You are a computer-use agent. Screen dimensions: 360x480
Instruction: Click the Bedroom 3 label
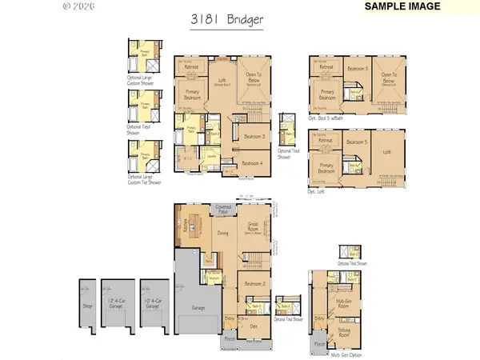(x=254, y=138)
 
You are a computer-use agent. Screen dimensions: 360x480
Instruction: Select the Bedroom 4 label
(x=254, y=162)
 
